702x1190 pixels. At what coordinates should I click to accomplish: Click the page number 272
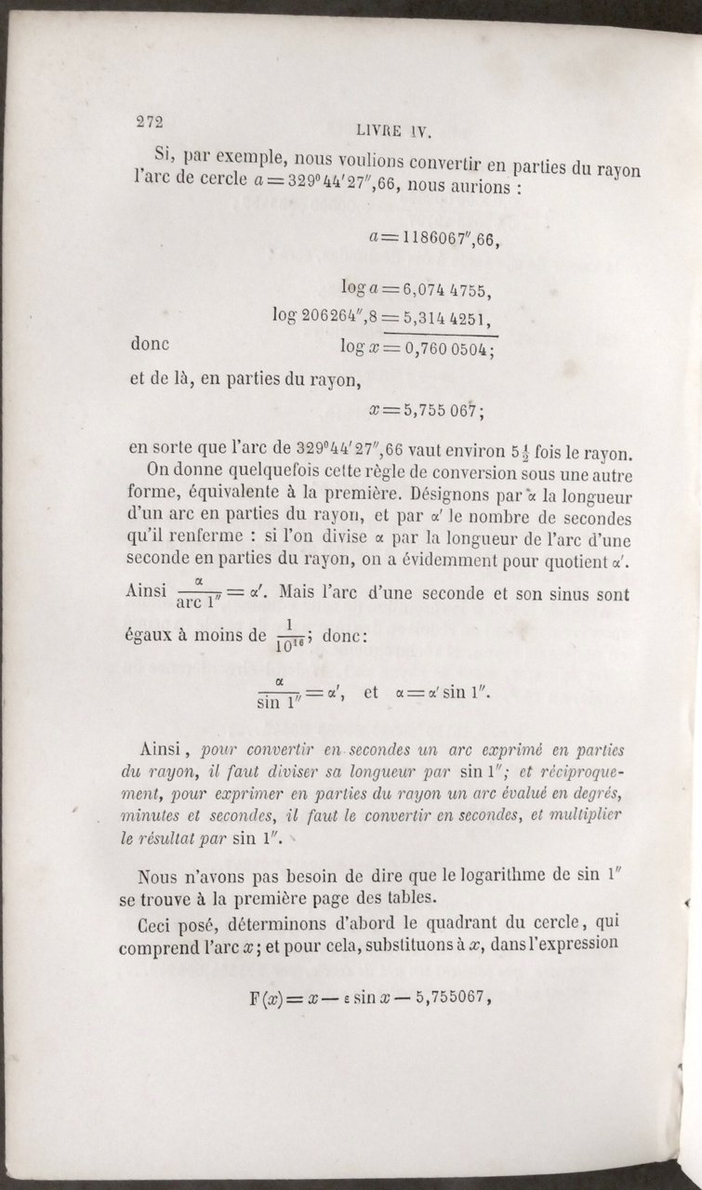pyautogui.click(x=149, y=122)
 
